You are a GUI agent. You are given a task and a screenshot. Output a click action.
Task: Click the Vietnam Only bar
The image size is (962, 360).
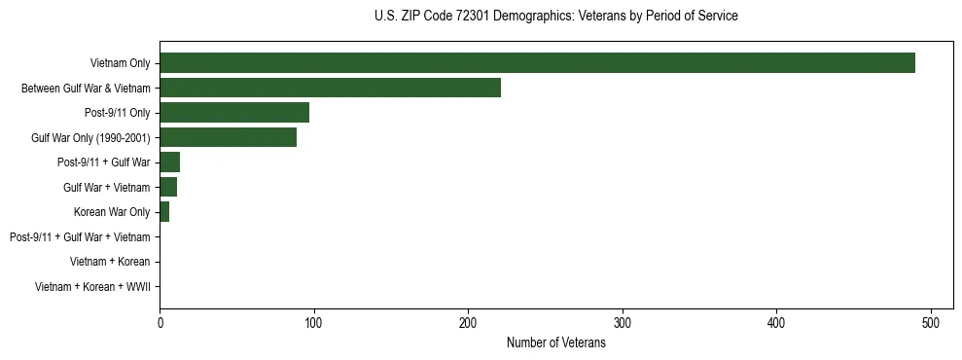pos(537,63)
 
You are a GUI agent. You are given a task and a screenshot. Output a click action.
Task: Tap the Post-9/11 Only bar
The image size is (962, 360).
pos(234,113)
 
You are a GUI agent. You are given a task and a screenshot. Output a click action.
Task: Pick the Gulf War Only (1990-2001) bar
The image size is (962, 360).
pos(228,137)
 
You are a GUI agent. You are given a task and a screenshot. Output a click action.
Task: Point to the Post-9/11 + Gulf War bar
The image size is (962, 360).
pos(169,162)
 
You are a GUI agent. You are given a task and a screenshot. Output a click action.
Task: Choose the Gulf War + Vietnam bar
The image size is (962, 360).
pos(168,187)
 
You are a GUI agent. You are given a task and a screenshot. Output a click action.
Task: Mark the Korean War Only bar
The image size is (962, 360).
pos(164,212)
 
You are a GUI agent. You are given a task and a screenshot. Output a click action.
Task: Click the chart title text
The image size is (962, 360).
pos(555,17)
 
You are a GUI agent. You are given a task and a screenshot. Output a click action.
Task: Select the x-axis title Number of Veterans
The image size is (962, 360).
pos(555,342)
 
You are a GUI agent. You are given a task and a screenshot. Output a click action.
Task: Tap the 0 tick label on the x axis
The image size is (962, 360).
pos(160,322)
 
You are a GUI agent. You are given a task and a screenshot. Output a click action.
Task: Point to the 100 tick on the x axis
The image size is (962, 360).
pos(314,322)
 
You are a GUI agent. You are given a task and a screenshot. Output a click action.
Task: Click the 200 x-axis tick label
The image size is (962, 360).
pos(468,322)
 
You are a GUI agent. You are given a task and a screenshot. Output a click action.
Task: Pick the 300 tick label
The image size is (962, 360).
pos(623,322)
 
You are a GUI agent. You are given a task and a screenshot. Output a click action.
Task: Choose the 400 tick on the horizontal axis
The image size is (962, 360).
pos(776,322)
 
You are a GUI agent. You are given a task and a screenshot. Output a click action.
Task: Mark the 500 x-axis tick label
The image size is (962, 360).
pos(931,322)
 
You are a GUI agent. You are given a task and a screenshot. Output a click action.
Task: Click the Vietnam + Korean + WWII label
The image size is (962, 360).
pos(92,286)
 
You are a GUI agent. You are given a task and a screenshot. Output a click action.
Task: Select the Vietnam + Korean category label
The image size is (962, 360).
pos(110,262)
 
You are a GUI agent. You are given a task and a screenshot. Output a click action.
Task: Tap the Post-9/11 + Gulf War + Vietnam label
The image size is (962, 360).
pos(80,236)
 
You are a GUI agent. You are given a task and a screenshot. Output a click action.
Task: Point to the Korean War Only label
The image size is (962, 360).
pos(112,212)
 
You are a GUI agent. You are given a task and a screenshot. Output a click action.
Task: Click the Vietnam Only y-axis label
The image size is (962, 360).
pos(120,63)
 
